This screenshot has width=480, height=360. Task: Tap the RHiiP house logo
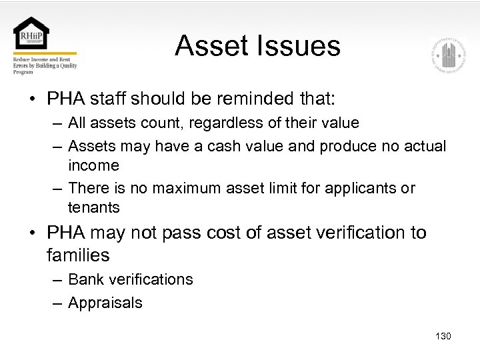tap(31, 35)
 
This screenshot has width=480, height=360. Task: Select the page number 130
tap(443, 336)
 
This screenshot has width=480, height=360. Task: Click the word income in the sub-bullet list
tap(93, 165)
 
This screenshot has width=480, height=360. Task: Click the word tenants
tap(93, 207)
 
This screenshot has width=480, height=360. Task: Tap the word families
tap(78, 255)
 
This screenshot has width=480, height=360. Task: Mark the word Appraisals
tap(105, 303)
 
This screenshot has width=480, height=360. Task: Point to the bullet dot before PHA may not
tap(32, 234)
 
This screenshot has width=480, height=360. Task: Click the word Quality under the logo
tap(70, 65)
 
